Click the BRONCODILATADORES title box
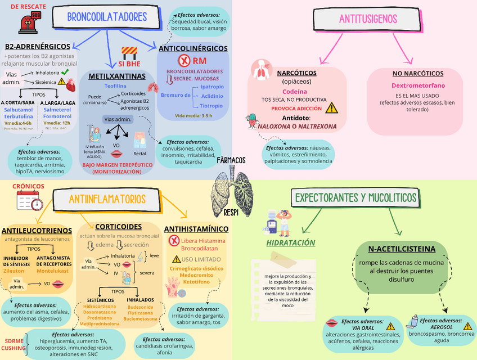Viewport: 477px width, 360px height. [x=107, y=17]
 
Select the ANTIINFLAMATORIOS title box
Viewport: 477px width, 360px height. [x=107, y=199]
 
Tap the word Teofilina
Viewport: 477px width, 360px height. [x=115, y=85]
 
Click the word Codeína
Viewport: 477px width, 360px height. [x=295, y=91]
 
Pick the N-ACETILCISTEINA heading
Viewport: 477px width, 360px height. [x=402, y=249]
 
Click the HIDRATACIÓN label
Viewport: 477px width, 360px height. [x=290, y=243]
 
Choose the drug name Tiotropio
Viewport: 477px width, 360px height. [x=211, y=105]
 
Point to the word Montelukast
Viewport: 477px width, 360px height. [x=53, y=271]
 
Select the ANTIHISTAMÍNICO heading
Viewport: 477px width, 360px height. [x=196, y=229]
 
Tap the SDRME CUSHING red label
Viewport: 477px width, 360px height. [x=13, y=344]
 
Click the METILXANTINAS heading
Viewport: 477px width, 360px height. [x=116, y=76]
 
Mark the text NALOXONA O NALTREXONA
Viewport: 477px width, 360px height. [x=297, y=127]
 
